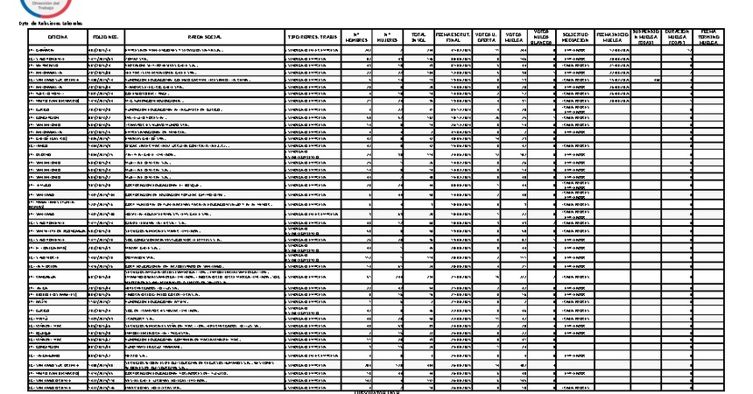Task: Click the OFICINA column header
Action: [58, 37]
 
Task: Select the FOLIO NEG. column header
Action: [106, 37]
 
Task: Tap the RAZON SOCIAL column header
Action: [205, 37]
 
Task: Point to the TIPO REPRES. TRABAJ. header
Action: [313, 37]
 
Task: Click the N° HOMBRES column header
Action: [357, 37]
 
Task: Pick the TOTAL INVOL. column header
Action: [419, 37]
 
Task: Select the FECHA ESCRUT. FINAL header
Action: [454, 37]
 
